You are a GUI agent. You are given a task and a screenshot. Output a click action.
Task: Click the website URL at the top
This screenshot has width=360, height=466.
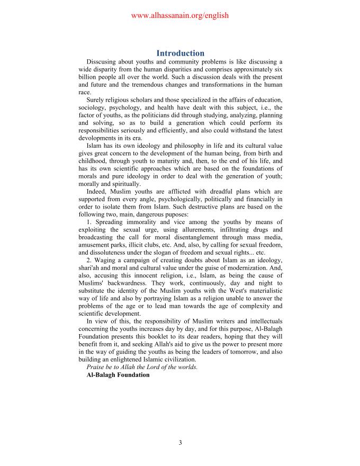pos(179,15)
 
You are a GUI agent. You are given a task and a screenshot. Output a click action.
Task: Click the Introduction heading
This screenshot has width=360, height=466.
pos(180,53)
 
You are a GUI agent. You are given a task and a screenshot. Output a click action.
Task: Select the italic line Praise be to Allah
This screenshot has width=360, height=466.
pos(142,367)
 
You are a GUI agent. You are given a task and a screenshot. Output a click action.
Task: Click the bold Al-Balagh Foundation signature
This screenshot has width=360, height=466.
pos(118,374)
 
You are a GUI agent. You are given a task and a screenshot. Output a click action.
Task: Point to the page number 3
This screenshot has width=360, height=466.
pos(180,443)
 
